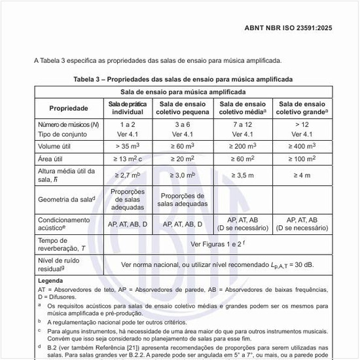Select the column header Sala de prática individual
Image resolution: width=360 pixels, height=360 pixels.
(128, 108)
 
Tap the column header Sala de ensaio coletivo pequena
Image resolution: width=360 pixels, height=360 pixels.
(184, 108)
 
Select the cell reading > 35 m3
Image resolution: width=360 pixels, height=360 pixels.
(128, 147)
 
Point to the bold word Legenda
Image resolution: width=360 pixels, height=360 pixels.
(50, 280)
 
